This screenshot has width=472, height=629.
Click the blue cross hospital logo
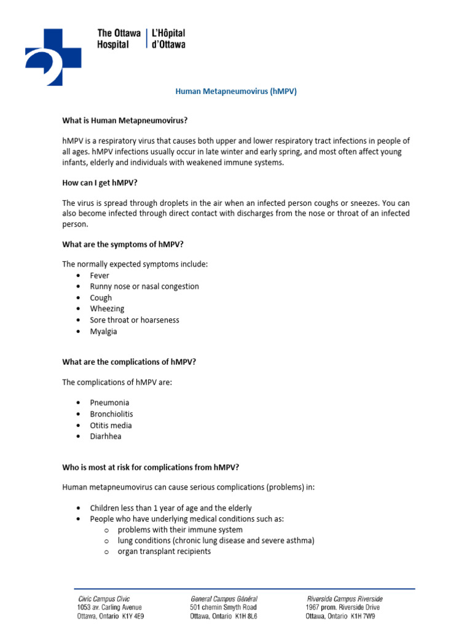[53, 56]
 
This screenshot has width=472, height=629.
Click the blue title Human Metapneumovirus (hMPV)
[236, 91]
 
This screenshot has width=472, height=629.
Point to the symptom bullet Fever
[100, 275]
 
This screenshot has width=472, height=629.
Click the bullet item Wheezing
[107, 308]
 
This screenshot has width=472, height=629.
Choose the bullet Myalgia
[103, 331]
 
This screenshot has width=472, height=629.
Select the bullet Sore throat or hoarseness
[135, 320]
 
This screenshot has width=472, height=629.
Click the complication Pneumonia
[109, 403]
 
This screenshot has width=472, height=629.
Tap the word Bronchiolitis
[111, 414]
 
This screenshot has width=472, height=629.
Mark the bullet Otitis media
[111, 425]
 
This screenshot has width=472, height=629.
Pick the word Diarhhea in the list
[106, 436]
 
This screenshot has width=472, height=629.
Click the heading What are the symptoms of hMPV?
[123, 244]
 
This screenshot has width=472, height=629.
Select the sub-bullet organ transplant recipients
[164, 552]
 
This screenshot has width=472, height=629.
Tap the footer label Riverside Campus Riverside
[344, 598]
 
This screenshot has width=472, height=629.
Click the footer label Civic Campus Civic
[104, 598]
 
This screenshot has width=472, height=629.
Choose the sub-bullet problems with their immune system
[180, 529]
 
